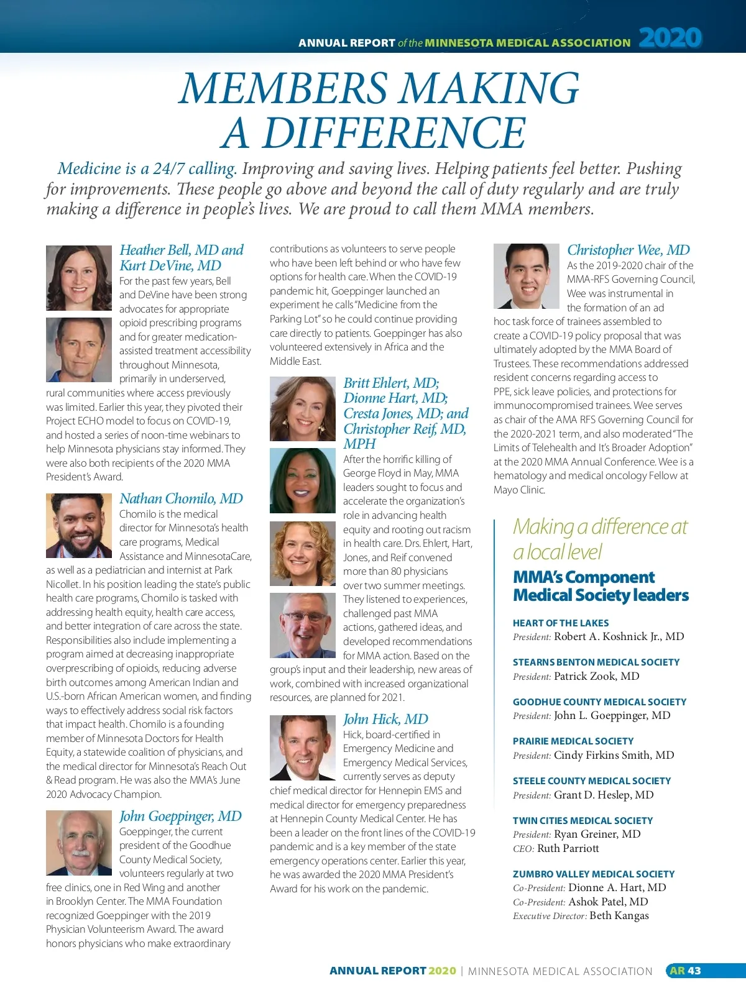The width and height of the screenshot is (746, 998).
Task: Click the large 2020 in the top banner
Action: click(x=670, y=38)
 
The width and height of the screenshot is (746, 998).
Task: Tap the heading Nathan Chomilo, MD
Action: click(x=181, y=498)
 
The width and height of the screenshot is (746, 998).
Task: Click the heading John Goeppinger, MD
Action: click(x=180, y=816)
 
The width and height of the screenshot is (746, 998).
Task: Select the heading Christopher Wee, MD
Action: click(x=628, y=250)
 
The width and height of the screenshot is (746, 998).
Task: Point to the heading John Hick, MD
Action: click(x=385, y=719)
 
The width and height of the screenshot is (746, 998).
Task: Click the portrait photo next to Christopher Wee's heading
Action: click(x=526, y=276)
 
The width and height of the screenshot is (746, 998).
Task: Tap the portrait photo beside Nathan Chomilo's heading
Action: click(x=79, y=526)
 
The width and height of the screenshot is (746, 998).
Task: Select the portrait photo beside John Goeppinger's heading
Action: click(x=79, y=843)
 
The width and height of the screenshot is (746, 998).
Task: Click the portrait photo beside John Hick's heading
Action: click(x=303, y=747)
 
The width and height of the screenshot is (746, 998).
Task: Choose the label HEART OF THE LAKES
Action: click(x=561, y=623)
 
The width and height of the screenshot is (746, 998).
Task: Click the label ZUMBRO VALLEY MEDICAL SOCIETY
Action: click(x=593, y=874)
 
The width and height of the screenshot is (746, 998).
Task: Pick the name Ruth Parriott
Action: click(x=568, y=848)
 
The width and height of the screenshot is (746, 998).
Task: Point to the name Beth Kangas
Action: click(x=619, y=915)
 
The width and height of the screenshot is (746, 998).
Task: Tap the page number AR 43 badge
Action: click(x=685, y=971)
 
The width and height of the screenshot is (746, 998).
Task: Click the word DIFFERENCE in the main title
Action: click(x=375, y=133)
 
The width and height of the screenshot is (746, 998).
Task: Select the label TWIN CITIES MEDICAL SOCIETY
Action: click(x=583, y=820)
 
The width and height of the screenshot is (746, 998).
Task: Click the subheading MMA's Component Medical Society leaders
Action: click(x=601, y=586)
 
